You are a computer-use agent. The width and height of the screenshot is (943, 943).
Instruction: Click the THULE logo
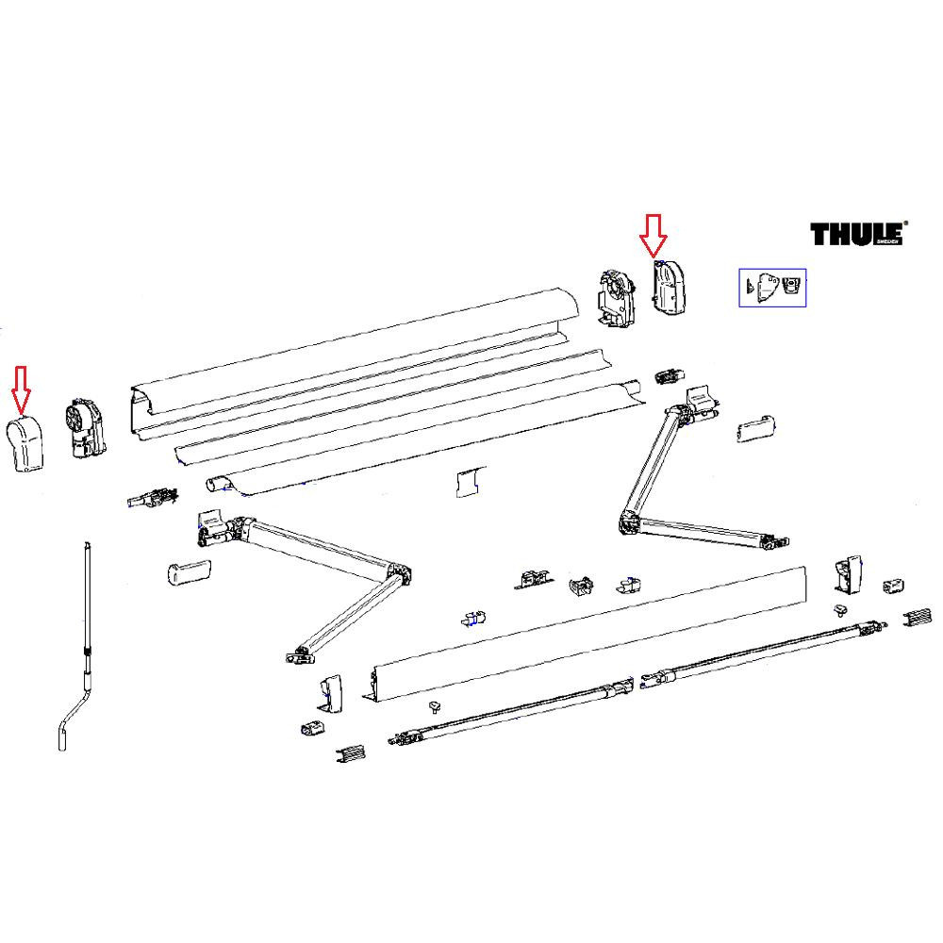tap(857, 234)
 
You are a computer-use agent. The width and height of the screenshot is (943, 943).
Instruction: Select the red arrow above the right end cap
tap(653, 236)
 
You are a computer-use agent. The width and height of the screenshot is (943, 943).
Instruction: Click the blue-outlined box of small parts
tap(771, 287)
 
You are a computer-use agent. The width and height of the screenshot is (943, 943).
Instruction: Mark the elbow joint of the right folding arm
tap(629, 521)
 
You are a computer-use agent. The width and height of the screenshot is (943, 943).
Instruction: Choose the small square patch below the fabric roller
tap(469, 482)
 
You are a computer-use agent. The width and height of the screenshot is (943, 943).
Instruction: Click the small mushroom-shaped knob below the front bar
tap(435, 705)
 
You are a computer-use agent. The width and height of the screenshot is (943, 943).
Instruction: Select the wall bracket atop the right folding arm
tap(699, 403)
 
